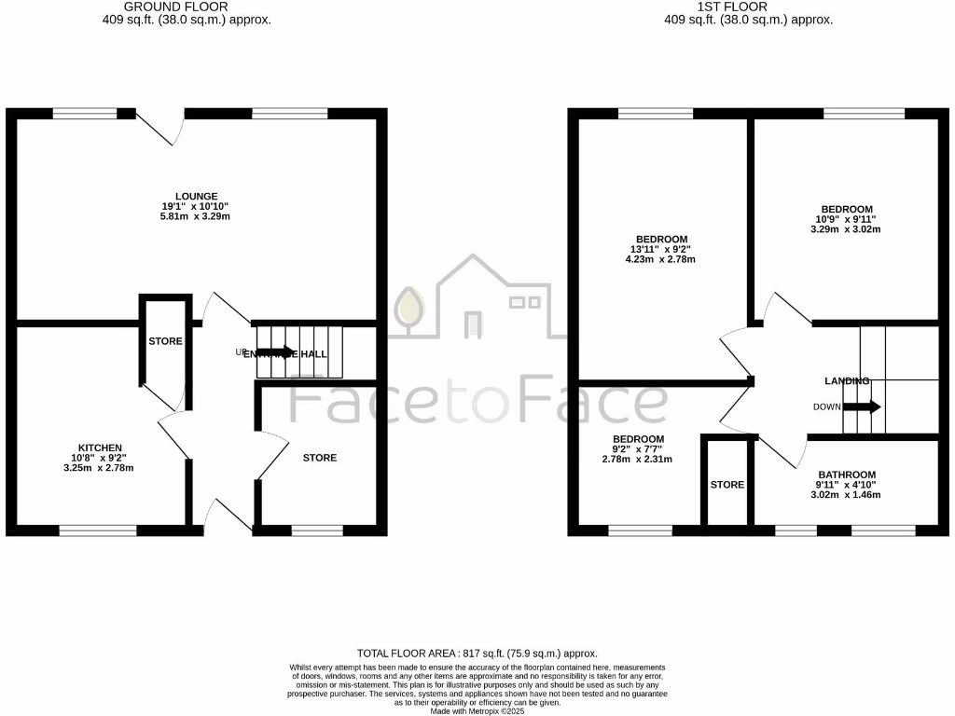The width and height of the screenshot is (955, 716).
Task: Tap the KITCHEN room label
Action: [100, 447]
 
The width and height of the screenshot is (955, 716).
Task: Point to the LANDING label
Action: [847, 381]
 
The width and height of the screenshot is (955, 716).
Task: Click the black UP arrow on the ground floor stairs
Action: [275, 352]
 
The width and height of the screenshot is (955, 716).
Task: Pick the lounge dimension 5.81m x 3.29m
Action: [196, 216]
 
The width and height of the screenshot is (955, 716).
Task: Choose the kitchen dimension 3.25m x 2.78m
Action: [100, 468]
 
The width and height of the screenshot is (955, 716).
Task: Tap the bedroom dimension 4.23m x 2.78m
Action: [660, 259]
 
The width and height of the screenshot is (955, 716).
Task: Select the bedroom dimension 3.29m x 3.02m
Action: [846, 229]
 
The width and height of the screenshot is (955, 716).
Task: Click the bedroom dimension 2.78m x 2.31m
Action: [638, 459]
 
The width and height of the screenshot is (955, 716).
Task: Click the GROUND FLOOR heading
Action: [175, 7]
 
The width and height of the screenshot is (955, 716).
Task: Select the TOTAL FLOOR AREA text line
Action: [477, 654]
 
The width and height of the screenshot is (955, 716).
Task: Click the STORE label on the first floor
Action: [727, 485]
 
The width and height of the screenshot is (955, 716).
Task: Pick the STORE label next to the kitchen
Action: [165, 341]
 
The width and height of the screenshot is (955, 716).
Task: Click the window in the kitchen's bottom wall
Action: [98, 530]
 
